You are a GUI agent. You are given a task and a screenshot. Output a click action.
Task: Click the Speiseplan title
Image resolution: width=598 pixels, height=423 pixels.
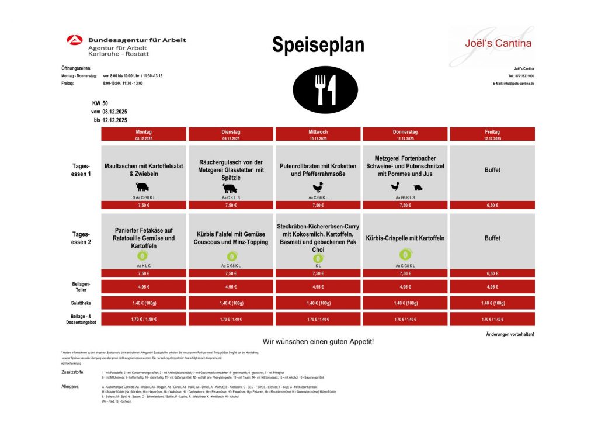pos(318,45)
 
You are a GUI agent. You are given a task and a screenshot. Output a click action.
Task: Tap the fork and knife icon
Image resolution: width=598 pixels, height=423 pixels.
pos(318,89)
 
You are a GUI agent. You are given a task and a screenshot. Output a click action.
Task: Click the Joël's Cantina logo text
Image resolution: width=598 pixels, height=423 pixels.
pos(490,43)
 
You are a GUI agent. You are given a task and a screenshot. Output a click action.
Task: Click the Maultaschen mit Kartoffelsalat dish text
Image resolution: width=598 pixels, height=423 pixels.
pos(144,170)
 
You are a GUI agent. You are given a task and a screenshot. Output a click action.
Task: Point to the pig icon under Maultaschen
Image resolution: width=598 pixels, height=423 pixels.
pos(142,187)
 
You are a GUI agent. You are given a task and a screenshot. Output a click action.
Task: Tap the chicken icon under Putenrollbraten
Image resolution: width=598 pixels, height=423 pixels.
pos(318,187)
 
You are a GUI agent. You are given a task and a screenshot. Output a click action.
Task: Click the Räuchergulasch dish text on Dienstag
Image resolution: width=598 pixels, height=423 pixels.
pos(231,169)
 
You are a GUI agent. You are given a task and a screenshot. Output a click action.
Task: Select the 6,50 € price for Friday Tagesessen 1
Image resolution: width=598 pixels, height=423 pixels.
pos(492,205)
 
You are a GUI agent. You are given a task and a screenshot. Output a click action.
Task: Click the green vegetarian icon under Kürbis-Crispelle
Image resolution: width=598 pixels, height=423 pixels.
pos(405,254)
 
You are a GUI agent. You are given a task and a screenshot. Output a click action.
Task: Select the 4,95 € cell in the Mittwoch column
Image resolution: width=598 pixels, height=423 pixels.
pos(318,287)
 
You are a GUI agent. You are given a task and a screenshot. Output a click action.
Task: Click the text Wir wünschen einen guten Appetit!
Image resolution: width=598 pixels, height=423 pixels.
pos(318,341)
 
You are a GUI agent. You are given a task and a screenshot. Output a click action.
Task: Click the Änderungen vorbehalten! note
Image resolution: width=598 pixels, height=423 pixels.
pos(509,334)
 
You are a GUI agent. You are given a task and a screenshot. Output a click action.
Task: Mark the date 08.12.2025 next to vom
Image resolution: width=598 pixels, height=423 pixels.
pos(114,111)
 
